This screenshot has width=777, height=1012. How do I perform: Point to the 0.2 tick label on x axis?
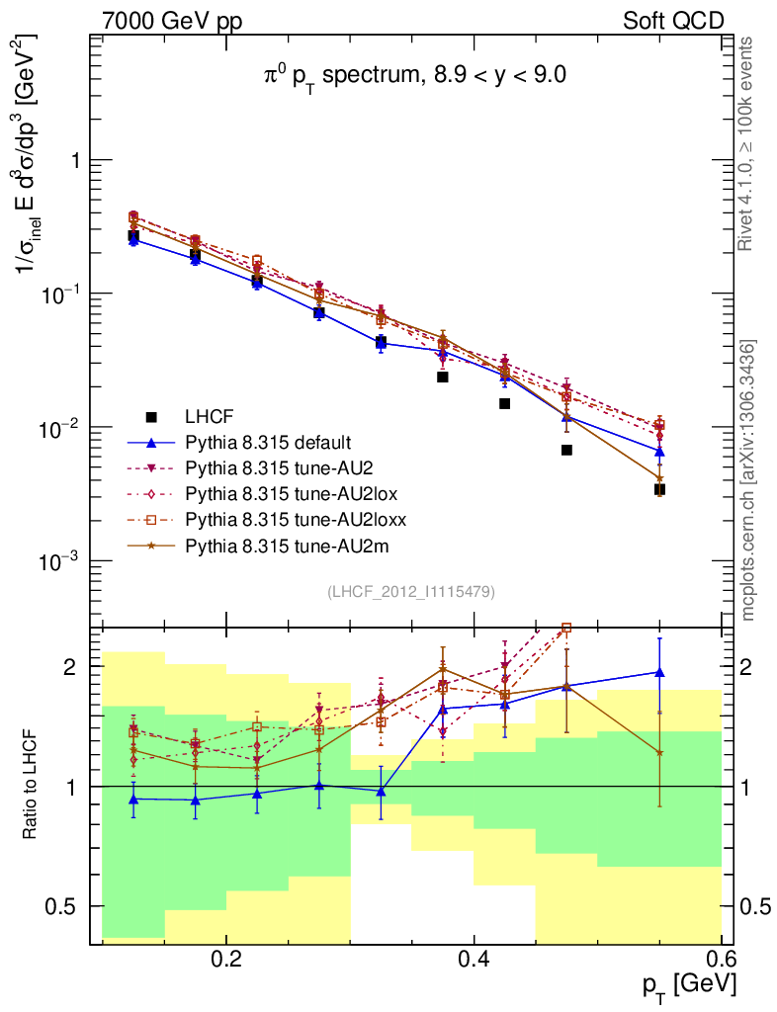(226, 960)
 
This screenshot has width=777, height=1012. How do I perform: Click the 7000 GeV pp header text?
(172, 20)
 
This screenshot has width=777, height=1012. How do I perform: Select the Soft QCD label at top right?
(673, 20)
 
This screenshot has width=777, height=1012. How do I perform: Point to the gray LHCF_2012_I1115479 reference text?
(411, 591)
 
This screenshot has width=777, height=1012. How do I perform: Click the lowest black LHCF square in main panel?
(659, 489)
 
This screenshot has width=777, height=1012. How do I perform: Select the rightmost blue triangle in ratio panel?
(659, 672)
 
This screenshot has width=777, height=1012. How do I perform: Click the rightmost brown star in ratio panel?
(659, 753)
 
